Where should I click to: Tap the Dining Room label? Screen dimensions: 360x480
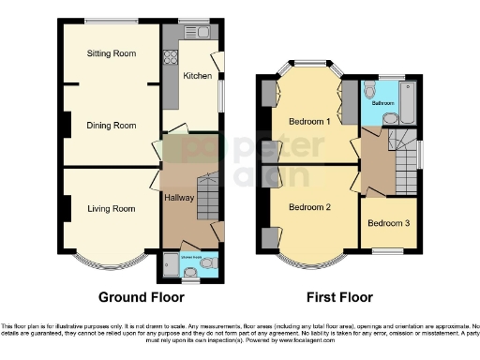112,125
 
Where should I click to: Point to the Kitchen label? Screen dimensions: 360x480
197,76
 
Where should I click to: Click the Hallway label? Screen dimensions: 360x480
179,198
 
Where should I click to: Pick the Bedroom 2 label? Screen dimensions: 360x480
309,206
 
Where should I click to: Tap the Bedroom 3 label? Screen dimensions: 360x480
387,223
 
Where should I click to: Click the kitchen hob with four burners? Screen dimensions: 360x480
172,54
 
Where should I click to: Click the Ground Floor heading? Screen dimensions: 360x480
141,297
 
